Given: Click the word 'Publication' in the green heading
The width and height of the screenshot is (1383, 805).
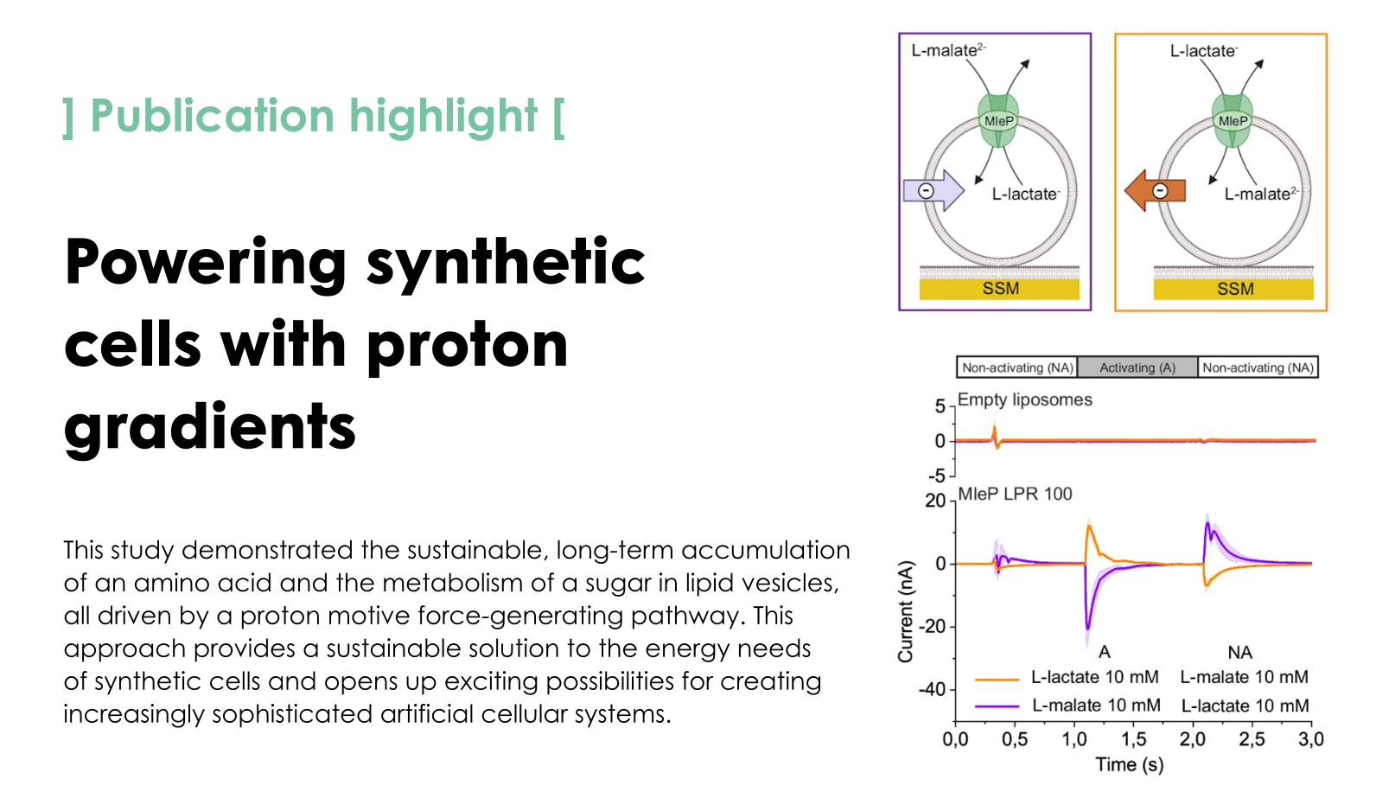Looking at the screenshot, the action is coord(213,116).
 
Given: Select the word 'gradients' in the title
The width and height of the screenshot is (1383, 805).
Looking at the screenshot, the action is coord(210,427).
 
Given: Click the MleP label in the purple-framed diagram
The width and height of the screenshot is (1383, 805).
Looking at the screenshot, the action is coord(999,121).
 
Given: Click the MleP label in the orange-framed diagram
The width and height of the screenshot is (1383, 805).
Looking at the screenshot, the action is coord(1233,121).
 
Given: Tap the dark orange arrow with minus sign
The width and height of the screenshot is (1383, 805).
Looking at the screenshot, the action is coord(1155,191).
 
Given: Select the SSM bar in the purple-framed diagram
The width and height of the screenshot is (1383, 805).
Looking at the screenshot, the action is coord(999,289).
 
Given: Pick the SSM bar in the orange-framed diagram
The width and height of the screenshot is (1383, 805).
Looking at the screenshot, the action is coord(1233,289).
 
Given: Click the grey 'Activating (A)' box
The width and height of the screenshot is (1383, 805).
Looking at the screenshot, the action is coord(1138,367).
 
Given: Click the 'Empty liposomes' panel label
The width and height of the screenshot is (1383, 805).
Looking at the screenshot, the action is coord(1025,399).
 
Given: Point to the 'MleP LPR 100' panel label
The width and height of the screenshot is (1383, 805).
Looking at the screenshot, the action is coord(1015,494).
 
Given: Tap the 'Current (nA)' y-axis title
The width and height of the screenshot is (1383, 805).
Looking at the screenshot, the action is coord(905,611).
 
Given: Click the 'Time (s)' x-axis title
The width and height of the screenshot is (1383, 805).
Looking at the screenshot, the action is coord(1129,765).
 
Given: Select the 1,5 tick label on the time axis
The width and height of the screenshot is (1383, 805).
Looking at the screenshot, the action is coord(1133,739).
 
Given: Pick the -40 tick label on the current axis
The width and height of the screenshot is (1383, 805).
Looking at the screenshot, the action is coord(933,689).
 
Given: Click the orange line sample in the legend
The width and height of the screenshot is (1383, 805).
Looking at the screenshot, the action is coord(997,680).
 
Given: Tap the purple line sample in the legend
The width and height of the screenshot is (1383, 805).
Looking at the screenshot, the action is coord(997,706).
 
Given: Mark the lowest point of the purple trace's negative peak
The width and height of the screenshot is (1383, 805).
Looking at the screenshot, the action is coord(1087,629).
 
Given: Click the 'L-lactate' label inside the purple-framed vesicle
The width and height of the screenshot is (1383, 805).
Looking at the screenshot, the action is coord(1025,194).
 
